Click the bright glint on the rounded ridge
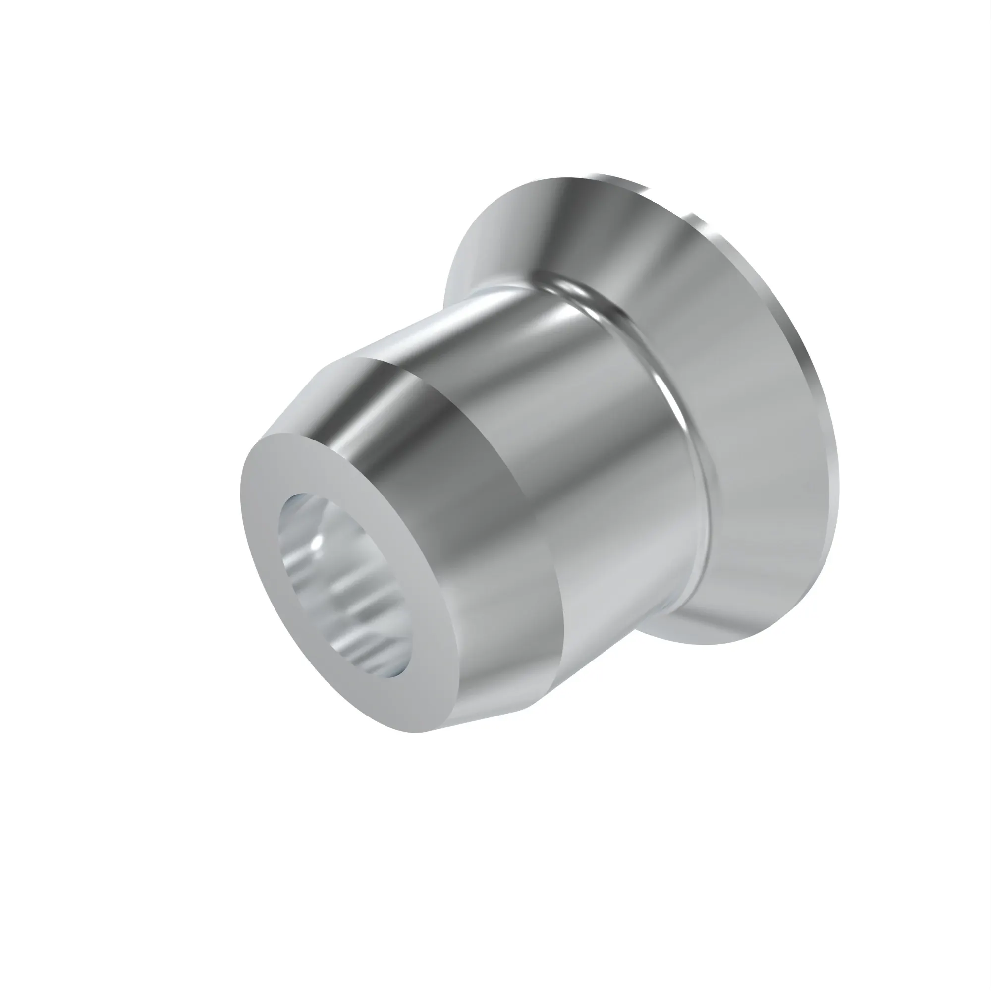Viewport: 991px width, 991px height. coord(580,292)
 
